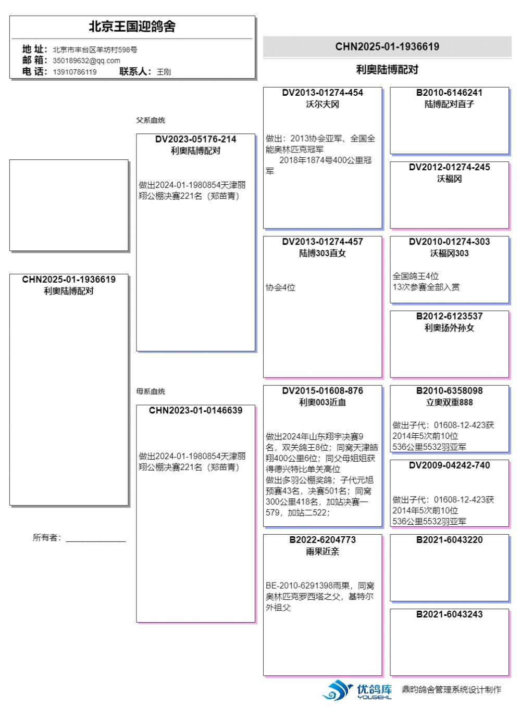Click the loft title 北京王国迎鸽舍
132,27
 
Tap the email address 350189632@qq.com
86,60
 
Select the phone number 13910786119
75,72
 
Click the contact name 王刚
164,72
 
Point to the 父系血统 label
151,120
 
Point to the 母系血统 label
151,392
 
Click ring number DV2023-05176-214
195,140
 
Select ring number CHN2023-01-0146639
195,411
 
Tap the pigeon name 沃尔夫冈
322,105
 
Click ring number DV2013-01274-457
322,242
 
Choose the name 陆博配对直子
449,105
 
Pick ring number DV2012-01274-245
449,168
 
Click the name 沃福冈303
449,254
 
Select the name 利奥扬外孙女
449,328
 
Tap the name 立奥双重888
449,402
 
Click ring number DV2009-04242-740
449,465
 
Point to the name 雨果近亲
322,552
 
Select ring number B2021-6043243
449,615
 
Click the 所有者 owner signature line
96,539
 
